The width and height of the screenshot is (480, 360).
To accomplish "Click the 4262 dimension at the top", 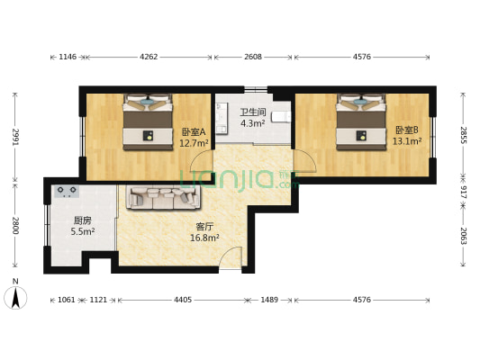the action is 149,57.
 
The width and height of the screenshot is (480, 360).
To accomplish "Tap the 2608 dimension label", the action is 253,57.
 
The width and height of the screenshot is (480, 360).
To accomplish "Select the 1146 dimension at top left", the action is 68,57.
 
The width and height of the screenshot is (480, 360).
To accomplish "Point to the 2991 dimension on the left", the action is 15,138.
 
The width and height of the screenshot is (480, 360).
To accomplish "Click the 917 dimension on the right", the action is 463,192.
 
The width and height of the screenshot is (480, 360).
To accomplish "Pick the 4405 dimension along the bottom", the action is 183,300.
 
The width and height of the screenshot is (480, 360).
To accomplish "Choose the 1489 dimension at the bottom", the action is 269,300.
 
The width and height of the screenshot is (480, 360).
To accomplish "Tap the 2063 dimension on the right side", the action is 463,236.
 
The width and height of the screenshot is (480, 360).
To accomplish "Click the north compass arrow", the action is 15,297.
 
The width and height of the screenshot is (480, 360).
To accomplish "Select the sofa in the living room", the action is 164,198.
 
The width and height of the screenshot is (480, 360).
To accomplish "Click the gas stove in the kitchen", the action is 67,192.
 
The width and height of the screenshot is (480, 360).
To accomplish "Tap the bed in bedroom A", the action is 148,122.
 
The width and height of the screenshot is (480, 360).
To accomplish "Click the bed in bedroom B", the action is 361,122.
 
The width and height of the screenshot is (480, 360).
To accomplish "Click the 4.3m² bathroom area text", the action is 252,123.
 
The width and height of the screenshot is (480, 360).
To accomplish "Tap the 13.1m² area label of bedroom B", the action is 407,141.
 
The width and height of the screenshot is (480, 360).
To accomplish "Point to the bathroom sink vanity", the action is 222,118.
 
